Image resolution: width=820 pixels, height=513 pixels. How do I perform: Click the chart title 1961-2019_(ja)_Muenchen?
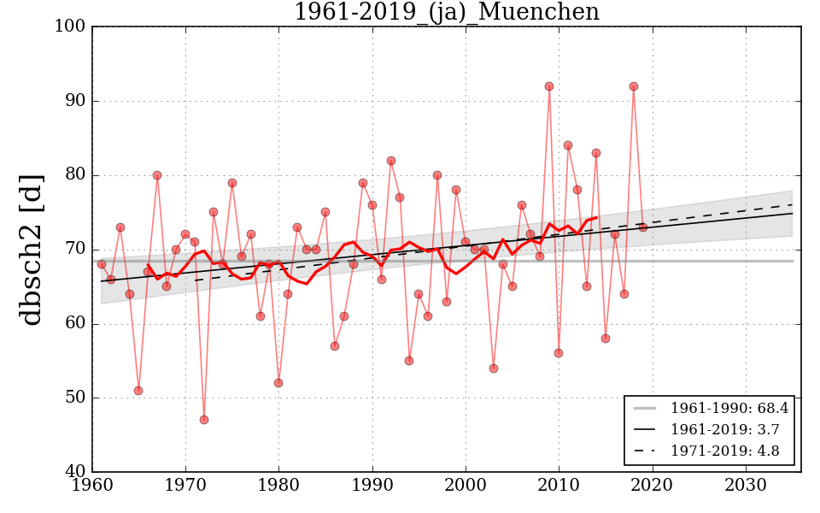(x=446, y=13)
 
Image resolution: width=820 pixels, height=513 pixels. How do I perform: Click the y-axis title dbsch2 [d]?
(x=32, y=250)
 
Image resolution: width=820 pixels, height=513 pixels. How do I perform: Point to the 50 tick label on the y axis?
(x=74, y=398)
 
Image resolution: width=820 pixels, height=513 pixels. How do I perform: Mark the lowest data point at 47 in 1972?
(x=204, y=420)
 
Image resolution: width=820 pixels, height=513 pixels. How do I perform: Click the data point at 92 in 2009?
(x=549, y=86)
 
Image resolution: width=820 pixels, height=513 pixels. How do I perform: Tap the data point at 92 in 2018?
(x=634, y=86)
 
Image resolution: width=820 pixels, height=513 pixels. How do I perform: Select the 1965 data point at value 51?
(x=138, y=391)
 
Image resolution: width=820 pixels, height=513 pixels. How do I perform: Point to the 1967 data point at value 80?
(x=157, y=175)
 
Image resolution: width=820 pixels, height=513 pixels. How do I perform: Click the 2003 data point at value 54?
(x=494, y=369)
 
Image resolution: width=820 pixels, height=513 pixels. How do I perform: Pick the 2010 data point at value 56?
(x=559, y=353)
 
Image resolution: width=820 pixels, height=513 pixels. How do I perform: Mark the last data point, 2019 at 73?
(x=643, y=227)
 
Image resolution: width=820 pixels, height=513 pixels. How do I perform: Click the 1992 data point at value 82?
(x=391, y=161)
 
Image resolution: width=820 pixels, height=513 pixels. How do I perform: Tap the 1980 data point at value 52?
(x=278, y=383)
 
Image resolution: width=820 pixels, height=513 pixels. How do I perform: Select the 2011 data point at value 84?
(x=568, y=145)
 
